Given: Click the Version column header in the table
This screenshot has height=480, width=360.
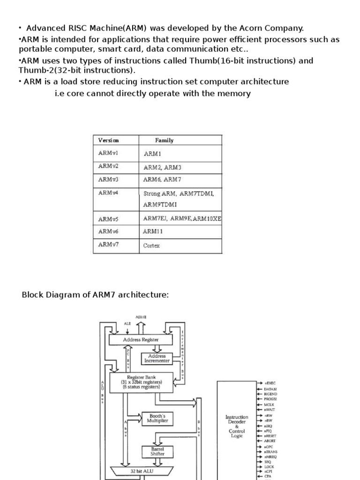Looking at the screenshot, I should click(109, 140).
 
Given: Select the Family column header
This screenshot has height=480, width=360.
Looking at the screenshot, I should click(164, 140).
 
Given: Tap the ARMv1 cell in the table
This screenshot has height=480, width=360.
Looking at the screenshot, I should click(108, 153).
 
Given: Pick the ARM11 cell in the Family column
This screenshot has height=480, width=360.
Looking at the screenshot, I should click(152, 231).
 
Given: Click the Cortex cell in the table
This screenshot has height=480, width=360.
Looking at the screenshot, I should click(151, 245).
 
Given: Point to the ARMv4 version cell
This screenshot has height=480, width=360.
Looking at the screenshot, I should click(108, 193).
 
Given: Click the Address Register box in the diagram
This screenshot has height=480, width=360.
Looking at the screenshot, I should click(141, 339).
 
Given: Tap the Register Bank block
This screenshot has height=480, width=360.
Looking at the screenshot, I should click(141, 382).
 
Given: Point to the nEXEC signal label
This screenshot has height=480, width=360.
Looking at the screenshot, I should click(270, 383).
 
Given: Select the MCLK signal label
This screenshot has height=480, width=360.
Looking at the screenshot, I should click(270, 404).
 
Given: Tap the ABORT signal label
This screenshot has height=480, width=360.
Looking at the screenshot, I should click(270, 441).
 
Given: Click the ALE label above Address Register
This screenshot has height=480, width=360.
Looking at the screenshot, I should click(127, 323).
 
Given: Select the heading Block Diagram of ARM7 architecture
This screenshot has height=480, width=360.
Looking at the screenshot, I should click(95, 295).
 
